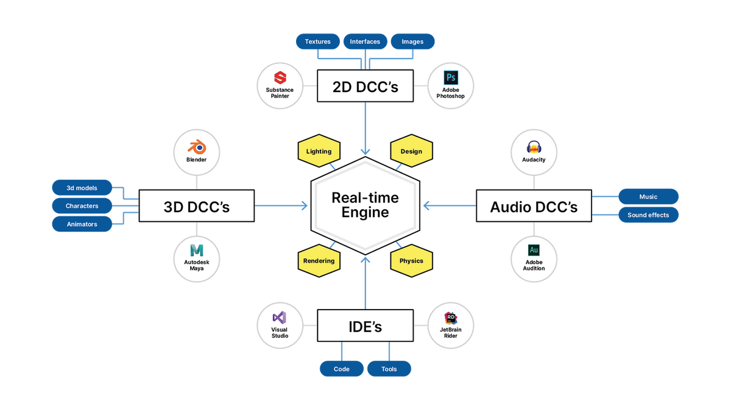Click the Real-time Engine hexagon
point(365,205)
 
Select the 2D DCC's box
point(365,87)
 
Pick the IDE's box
point(365,327)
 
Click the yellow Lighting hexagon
point(319,151)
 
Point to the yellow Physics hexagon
point(411,261)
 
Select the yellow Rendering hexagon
point(319,261)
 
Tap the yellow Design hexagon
point(411,151)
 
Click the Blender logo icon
point(197,146)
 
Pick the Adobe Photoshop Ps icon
point(451,77)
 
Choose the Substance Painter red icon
point(280,77)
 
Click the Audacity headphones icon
point(534,147)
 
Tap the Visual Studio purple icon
point(280,317)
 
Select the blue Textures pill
point(317,41)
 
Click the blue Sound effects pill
point(648,215)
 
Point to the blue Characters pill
point(82,206)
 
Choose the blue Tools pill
point(389,369)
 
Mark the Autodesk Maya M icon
point(196,250)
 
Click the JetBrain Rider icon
point(451,317)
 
